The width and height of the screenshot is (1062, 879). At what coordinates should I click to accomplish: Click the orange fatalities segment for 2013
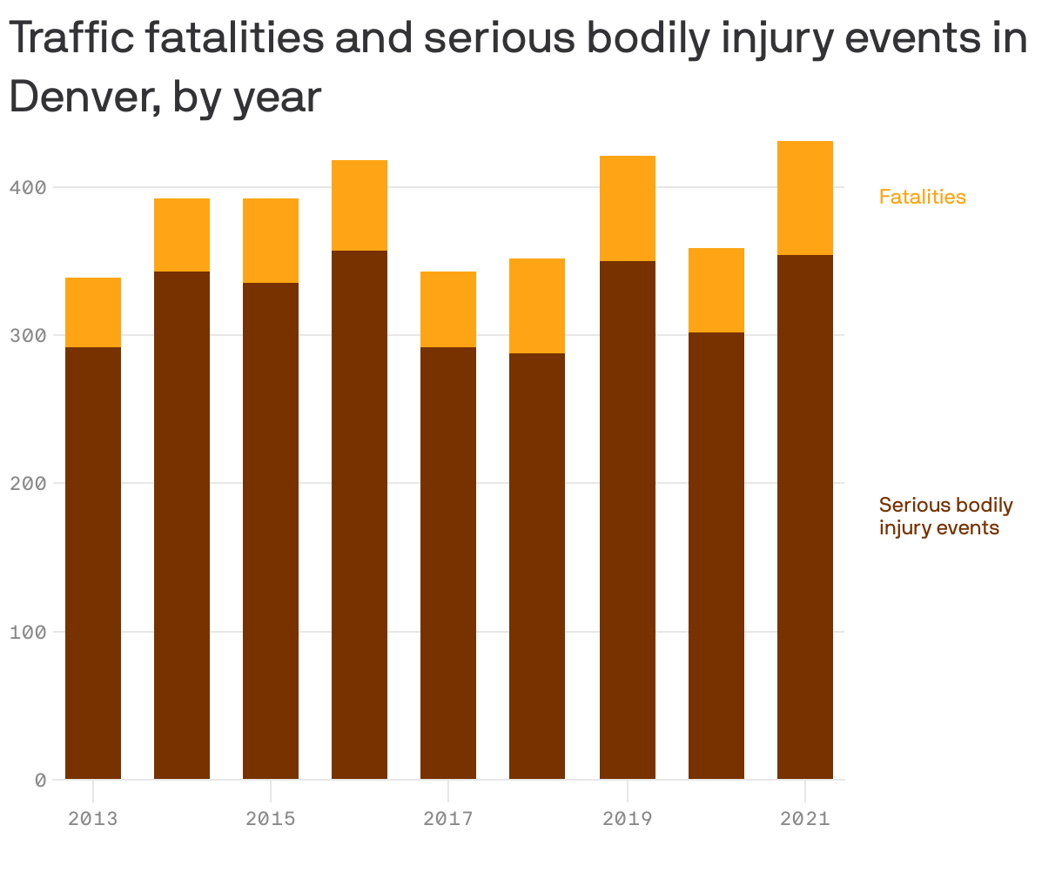click(x=93, y=312)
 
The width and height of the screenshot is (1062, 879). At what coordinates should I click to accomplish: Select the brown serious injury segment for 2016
click(x=360, y=514)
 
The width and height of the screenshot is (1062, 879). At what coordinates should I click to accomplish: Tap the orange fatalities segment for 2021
click(x=805, y=198)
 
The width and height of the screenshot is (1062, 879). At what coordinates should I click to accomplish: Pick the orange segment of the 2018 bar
click(x=537, y=305)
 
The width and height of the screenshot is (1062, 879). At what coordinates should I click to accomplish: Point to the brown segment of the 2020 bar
click(x=716, y=555)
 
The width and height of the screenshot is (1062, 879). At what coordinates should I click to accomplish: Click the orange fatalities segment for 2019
click(x=628, y=208)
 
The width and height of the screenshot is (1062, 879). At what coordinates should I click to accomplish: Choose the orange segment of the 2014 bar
click(x=182, y=235)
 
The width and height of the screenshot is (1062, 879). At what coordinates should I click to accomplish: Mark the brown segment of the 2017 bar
click(x=448, y=563)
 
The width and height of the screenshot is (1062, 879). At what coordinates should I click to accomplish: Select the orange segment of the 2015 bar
click(x=271, y=240)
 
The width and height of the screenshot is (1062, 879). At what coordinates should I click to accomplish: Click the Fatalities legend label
click(x=922, y=197)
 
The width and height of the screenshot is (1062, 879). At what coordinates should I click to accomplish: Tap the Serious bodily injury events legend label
click(x=945, y=516)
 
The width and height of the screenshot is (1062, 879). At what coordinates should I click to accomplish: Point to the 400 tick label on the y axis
click(x=28, y=187)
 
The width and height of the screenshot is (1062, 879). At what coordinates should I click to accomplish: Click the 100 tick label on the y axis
click(x=28, y=631)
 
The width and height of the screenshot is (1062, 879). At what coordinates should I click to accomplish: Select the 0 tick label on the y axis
click(x=40, y=780)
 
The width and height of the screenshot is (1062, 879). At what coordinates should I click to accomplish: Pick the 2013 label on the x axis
click(x=93, y=818)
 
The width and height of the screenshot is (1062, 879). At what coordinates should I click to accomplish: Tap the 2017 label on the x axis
click(x=448, y=818)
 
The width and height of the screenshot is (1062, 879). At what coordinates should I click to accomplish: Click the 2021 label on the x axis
click(x=805, y=818)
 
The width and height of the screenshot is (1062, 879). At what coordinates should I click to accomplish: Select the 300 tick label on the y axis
click(x=28, y=335)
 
